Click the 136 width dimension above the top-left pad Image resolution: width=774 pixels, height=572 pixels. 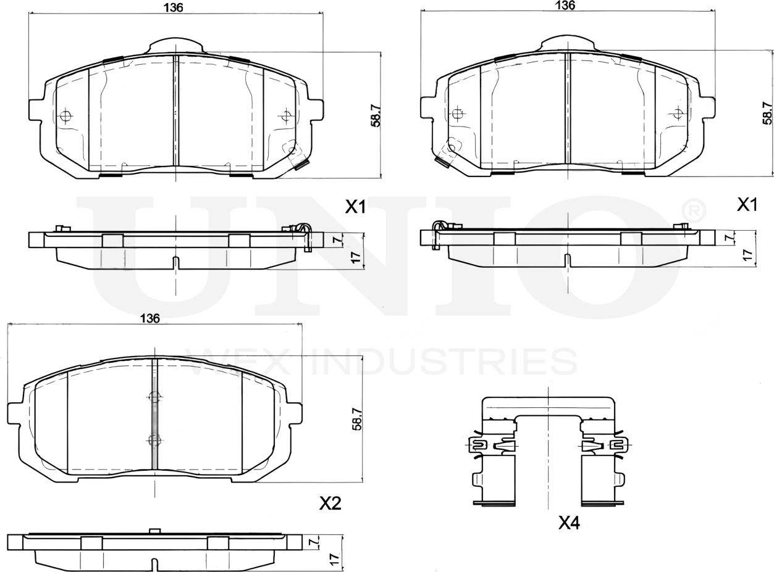tap(173, 7)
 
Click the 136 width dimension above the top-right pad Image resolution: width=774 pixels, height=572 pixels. tap(565, 5)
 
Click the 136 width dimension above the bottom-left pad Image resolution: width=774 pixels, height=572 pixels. tap(149, 318)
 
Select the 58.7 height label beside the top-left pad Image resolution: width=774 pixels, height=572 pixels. tap(375, 115)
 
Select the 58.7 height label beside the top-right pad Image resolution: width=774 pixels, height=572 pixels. tap(767, 113)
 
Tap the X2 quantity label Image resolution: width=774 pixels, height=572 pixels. tap(330, 504)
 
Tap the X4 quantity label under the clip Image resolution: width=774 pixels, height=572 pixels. tap(569, 523)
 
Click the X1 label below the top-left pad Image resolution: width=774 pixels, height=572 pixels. tap(355, 207)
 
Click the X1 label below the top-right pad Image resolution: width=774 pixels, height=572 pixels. tap(747, 205)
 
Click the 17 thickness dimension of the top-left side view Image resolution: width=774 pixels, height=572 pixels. tap(355, 258)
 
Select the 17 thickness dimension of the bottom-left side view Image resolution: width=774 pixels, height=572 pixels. tap(334, 559)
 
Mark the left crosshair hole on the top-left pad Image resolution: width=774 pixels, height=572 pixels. tap(66, 116)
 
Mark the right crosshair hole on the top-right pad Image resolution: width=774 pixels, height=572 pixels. tap(678, 113)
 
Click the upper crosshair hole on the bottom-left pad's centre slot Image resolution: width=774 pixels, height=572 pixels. tap(154, 397)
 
